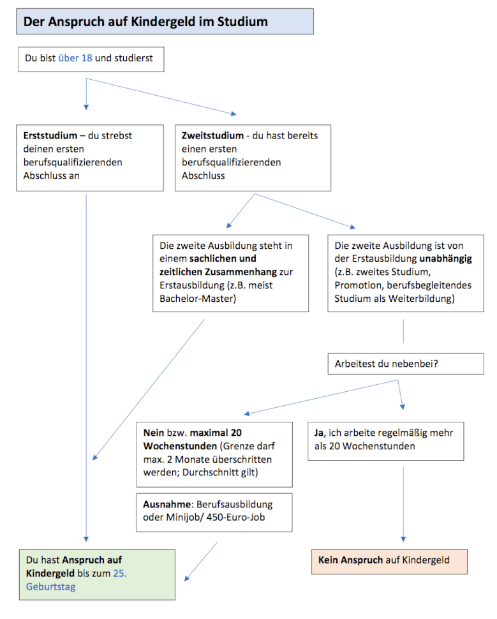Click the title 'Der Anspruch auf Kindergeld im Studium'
(145, 22)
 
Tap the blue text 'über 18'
(75, 58)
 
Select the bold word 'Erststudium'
(50, 135)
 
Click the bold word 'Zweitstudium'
(212, 135)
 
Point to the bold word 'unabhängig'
(445, 259)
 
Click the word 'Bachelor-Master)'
(198, 299)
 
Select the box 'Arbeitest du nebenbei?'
(406, 364)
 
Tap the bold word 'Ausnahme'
(167, 504)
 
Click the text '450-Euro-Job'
(235, 517)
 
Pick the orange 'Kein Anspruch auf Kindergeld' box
(389, 562)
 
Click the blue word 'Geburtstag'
(50, 586)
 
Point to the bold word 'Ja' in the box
(319, 433)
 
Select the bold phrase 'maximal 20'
(216, 433)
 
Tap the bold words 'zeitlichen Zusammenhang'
(218, 272)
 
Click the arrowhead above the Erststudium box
(86, 107)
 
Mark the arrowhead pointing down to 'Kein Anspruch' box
(403, 539)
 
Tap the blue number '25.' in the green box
(119, 573)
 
